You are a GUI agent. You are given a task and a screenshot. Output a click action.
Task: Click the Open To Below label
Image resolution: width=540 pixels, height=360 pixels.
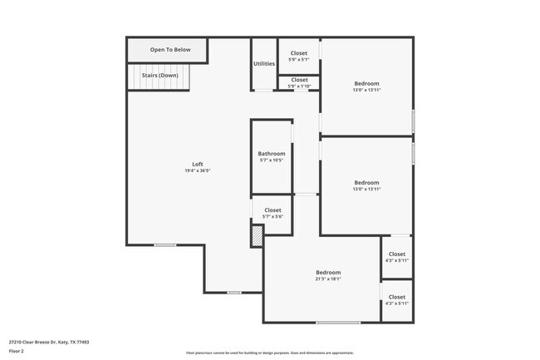coord(170,50)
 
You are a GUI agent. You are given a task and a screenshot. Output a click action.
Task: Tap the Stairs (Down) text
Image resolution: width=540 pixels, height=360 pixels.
coord(160,75)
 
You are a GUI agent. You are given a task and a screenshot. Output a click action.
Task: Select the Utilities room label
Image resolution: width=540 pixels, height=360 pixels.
coord(264,64)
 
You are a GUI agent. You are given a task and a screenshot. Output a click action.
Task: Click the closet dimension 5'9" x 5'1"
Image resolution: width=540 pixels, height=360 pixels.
coord(298,59)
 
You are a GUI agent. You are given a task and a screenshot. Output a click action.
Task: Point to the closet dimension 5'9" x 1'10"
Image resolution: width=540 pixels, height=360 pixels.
coord(298,86)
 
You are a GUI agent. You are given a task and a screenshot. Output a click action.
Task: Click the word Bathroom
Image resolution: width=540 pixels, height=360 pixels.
coord(271,154)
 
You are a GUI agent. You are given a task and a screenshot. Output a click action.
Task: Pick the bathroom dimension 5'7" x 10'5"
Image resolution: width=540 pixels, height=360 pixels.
coord(271,160)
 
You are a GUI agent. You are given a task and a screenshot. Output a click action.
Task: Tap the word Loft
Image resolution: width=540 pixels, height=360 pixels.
coord(198,164)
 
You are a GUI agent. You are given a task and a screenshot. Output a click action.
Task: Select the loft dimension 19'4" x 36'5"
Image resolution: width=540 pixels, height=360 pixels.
coord(198,170)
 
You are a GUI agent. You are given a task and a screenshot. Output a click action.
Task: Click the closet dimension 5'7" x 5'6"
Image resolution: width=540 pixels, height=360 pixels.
coord(272,216)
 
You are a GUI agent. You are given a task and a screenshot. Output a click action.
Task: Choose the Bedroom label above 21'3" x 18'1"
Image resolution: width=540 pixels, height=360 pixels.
coord(327,273)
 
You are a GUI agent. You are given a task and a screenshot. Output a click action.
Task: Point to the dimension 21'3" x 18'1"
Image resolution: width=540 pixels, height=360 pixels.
coord(327,279)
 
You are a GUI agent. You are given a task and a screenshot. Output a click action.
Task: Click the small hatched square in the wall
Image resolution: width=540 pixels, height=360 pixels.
coord(258,235)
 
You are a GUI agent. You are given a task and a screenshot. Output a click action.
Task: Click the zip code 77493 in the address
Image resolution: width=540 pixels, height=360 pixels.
coord(81,341)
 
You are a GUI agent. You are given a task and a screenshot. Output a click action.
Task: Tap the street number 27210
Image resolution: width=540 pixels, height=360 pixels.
coord(16,341)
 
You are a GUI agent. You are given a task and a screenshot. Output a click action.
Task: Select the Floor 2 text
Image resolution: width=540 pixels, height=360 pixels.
coord(17,351)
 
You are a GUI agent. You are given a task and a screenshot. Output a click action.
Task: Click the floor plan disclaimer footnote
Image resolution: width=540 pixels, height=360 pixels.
coord(269,353)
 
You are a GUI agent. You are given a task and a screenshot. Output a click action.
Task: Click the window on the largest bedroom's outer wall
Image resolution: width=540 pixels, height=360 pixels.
coord(338,323)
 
